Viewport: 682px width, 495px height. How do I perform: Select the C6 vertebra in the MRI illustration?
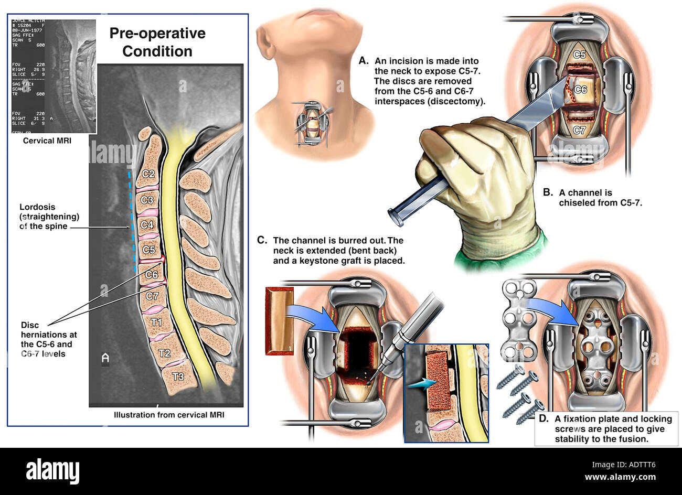(152, 274)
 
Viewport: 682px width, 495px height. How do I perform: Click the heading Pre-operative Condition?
(157, 42)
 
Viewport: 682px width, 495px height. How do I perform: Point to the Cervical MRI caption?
(47, 141)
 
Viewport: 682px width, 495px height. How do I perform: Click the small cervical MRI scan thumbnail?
(53, 76)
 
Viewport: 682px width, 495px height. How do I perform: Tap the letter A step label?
(364, 61)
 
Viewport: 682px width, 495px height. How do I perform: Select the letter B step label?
(548, 192)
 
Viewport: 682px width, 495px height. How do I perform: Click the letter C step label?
(262, 240)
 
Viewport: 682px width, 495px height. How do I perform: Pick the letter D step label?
(544, 418)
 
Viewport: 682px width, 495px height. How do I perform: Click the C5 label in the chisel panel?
(579, 55)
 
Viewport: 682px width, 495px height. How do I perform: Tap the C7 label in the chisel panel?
(580, 131)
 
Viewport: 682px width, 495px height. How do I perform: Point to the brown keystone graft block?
(279, 320)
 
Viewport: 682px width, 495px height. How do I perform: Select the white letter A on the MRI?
(105, 358)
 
